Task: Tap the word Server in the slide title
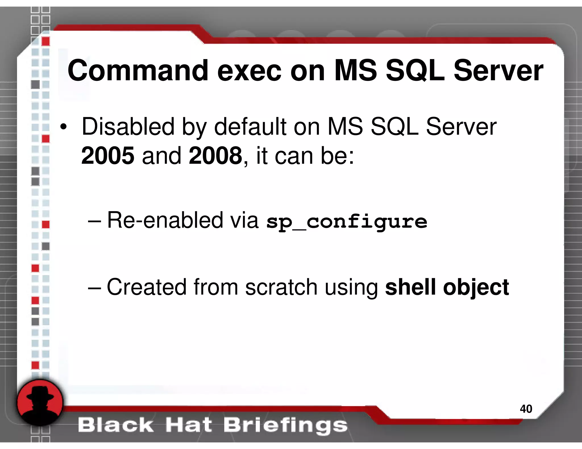point(498,71)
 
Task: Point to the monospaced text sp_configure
point(346,222)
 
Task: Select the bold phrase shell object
point(447,287)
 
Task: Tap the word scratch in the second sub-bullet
point(281,287)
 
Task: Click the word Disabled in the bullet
point(128,127)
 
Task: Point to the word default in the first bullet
point(250,127)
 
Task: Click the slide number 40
point(526,409)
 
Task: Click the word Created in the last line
point(146,287)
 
